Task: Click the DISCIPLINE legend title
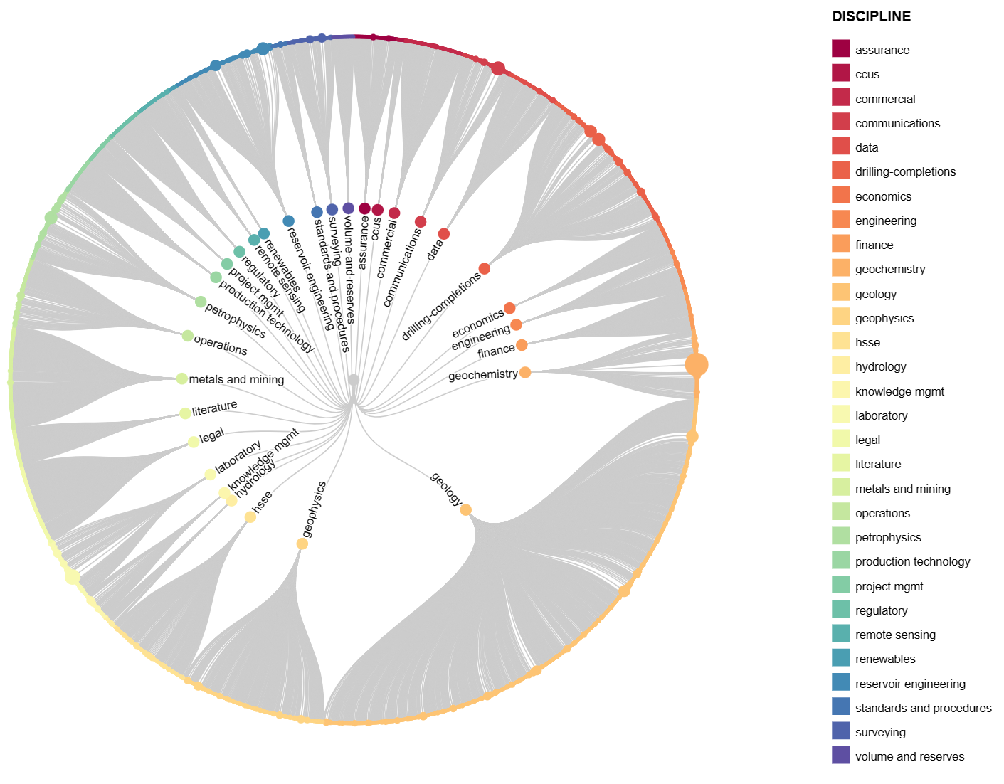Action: pos(871,16)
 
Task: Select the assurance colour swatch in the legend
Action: pos(840,48)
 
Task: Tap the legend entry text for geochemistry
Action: pos(890,269)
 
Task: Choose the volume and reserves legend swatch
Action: pos(840,755)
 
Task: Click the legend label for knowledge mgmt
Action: pos(899,391)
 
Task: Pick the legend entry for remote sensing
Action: pos(895,635)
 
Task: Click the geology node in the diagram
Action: pos(465,509)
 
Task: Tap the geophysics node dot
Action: pos(302,544)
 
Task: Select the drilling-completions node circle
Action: pos(485,268)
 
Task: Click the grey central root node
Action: pos(354,380)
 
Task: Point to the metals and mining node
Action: pos(181,378)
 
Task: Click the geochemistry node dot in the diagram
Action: pos(525,372)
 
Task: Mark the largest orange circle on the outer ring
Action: pos(697,364)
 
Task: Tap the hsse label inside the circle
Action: pos(263,501)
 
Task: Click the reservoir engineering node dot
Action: pos(288,221)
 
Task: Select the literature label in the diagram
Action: pos(215,408)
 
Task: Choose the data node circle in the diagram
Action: pos(444,234)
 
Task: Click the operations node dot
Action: pos(187,336)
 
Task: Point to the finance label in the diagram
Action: pos(496,351)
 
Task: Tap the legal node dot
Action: pos(194,442)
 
